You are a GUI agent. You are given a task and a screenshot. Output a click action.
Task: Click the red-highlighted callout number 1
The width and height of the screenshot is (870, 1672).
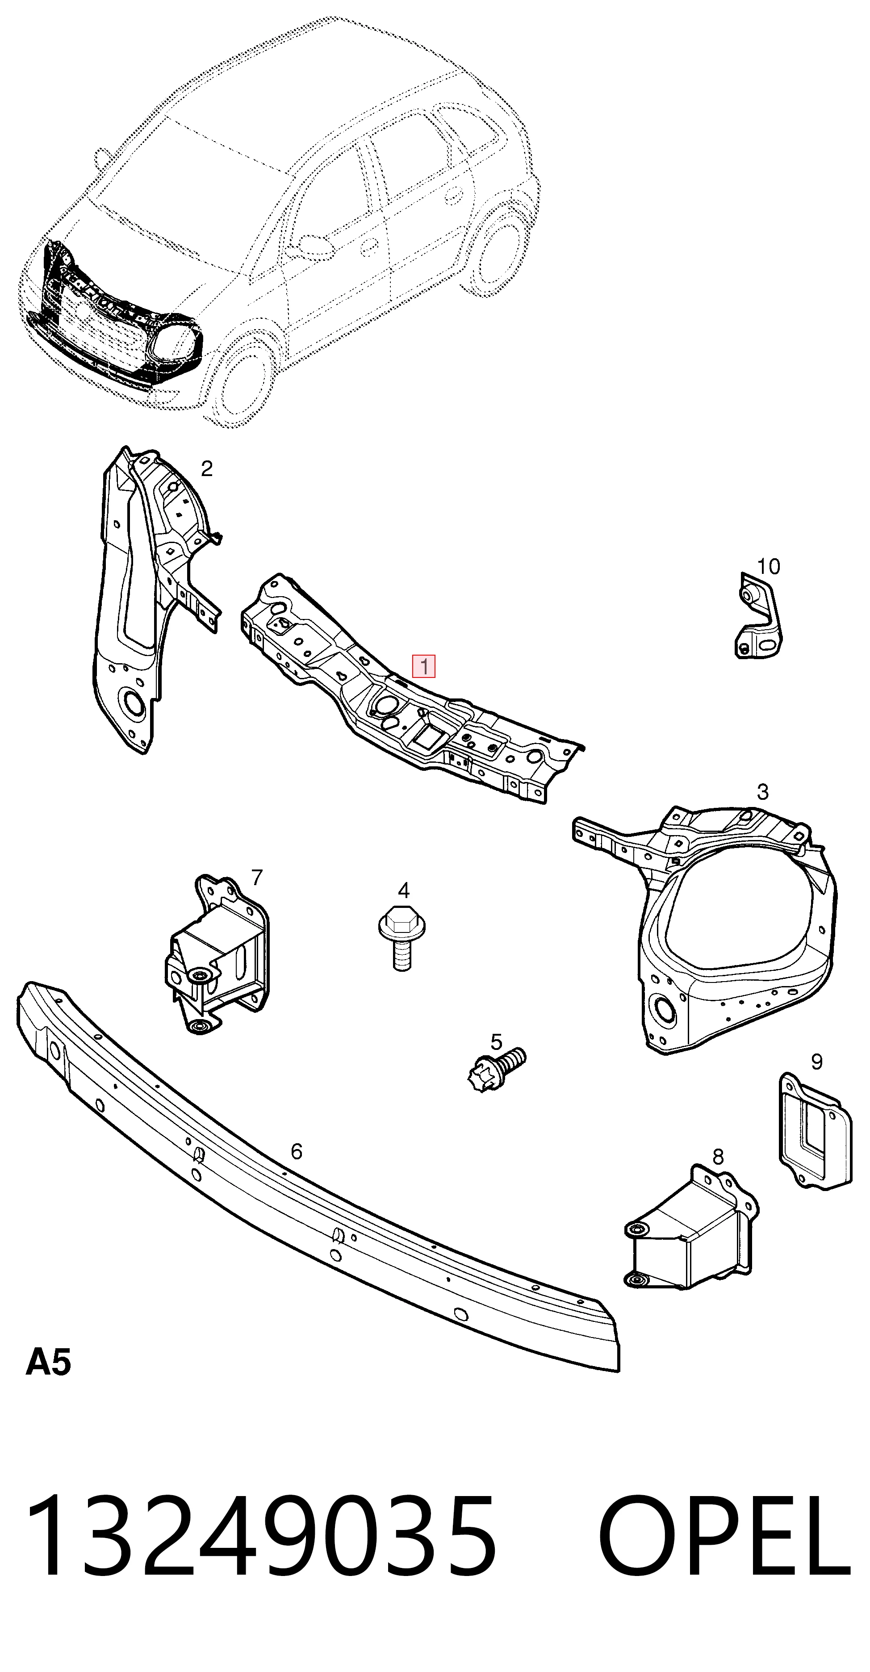424,666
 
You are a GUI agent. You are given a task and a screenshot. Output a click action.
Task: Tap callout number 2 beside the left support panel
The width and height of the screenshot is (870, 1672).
206,468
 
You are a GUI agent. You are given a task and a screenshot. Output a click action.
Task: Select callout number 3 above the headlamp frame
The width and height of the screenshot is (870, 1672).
763,792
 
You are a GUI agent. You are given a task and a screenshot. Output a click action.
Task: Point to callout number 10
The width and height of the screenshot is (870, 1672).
769,567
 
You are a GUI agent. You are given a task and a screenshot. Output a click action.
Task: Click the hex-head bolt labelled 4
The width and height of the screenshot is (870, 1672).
402,938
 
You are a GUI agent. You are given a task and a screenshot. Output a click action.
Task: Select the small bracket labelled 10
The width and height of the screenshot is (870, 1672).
758,615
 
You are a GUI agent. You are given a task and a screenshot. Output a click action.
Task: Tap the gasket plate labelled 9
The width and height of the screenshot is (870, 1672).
815,1131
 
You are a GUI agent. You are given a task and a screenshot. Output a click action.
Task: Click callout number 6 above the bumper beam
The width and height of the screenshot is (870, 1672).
296,1151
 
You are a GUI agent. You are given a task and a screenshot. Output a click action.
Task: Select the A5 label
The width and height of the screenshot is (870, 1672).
48,1363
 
